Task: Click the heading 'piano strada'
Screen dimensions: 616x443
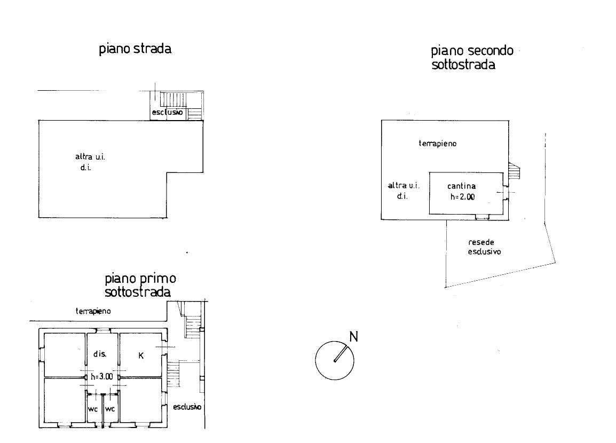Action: pos(135,49)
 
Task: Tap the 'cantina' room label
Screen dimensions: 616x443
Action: pos(462,186)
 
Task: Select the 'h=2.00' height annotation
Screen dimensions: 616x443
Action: pos(462,197)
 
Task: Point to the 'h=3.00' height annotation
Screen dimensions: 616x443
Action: pos(102,377)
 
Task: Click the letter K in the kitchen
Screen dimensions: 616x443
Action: pos(141,356)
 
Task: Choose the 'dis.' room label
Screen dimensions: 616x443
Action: pos(100,354)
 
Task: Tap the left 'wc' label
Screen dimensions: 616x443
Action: pos(93,409)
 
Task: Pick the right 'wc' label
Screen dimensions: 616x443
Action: pos(110,409)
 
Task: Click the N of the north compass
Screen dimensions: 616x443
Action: pos(353,337)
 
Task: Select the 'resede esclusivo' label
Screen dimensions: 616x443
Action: pos(484,247)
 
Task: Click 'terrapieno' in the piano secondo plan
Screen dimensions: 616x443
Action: pos(438,144)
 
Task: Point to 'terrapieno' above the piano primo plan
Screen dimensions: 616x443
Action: pos(93,312)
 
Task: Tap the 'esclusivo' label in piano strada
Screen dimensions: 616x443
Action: pos(168,112)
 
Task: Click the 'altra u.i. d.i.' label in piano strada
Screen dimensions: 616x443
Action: pos(90,162)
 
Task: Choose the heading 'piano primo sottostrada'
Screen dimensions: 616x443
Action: pos(140,285)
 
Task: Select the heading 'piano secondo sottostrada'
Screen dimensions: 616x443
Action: pos(472,57)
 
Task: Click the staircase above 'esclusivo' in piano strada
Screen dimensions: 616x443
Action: pos(173,99)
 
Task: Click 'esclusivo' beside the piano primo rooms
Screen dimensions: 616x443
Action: pos(187,407)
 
